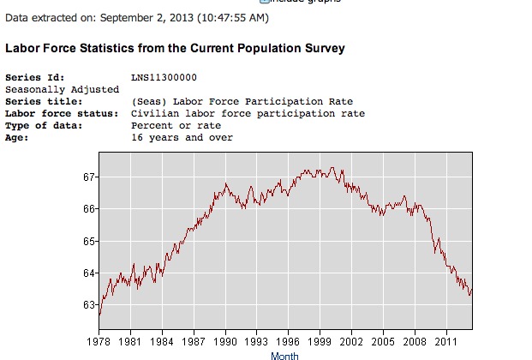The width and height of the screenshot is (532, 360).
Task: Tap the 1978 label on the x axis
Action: pos(100,340)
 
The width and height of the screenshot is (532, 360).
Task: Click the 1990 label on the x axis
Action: pos(226,340)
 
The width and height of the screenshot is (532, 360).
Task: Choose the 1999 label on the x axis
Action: pos(320,340)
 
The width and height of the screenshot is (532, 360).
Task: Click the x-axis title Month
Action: pos(284,355)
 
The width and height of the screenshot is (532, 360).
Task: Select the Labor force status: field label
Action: pos(54,113)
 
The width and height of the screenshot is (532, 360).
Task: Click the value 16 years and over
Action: pos(182,137)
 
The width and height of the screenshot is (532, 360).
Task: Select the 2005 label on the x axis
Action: pos(383,340)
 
